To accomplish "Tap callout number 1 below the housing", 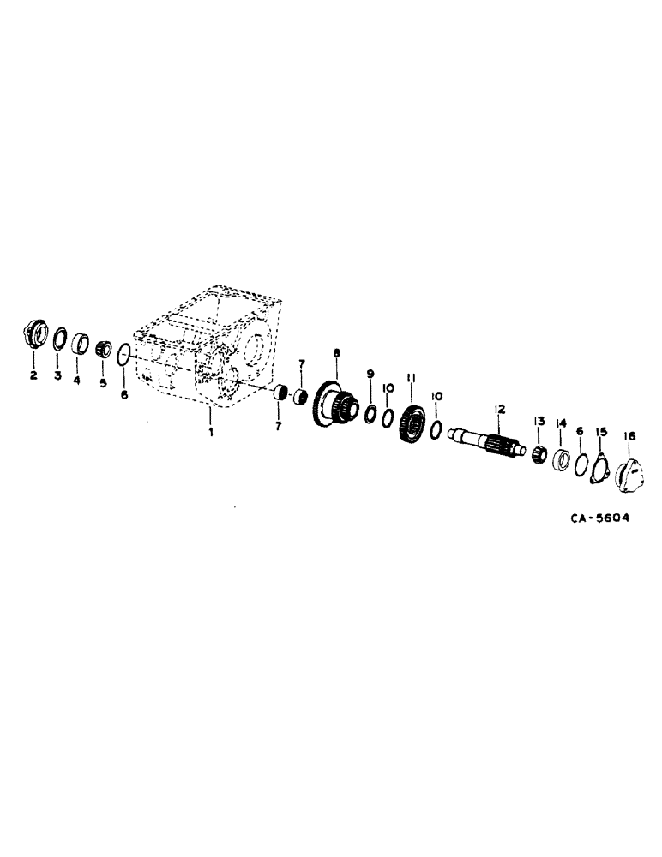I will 210,433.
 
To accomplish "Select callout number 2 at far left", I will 33,375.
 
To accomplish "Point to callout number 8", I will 336,352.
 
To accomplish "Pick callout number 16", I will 629,436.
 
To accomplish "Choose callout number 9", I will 370,374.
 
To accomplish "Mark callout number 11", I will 411,378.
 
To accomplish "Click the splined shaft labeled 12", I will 489,442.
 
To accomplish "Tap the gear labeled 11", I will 412,424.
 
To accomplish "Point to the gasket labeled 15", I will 599,471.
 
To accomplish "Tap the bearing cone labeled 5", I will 104,348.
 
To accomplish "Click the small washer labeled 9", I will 371,415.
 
